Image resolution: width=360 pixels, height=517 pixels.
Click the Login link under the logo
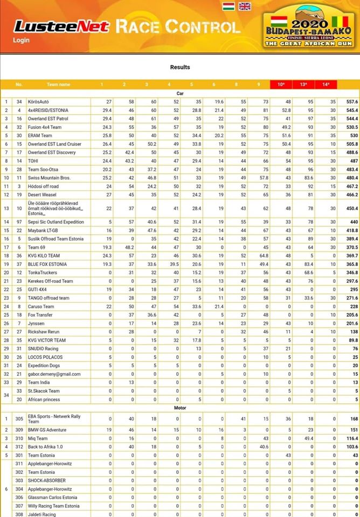pyautogui.click(x=22, y=40)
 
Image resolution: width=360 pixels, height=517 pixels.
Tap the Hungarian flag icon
pyautogui.click(x=228, y=6)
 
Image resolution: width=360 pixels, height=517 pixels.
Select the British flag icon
pyautogui.click(x=245, y=6)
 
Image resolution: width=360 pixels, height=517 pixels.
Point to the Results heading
pyautogui.click(x=180, y=67)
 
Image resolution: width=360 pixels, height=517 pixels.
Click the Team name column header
pyautogui.click(x=58, y=85)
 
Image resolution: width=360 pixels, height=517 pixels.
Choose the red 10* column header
pyautogui.click(x=281, y=85)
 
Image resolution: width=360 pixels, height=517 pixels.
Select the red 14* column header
pyautogui.click(x=326, y=85)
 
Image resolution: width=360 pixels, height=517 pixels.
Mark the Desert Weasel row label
pyautogui.click(x=48, y=194)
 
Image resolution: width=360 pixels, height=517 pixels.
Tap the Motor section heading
pyautogui.click(x=180, y=408)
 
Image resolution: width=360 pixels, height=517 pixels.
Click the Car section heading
pyautogui.click(x=180, y=93)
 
